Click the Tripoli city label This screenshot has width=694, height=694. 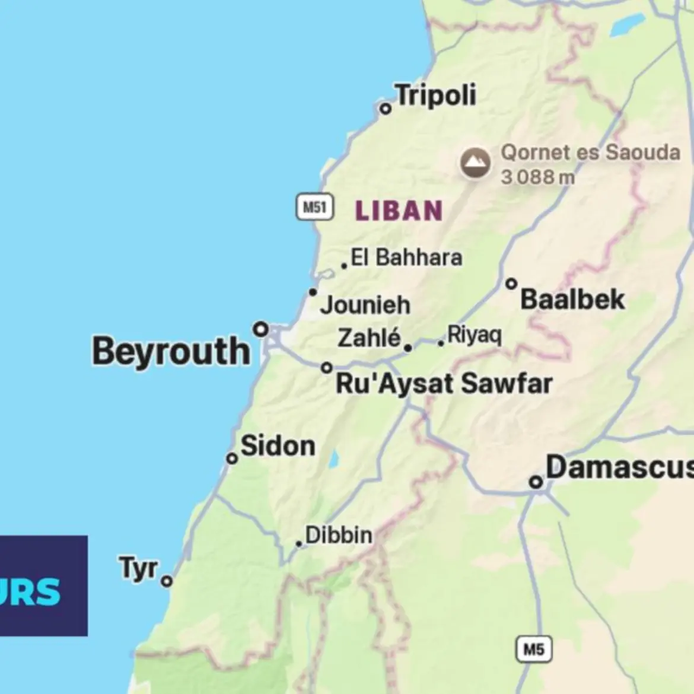(436, 95)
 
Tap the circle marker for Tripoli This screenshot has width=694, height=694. (386, 109)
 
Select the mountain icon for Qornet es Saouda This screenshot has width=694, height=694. (475, 163)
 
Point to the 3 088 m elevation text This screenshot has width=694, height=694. (537, 177)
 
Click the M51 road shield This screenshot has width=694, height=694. (314, 207)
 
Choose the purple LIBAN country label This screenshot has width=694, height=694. (399, 211)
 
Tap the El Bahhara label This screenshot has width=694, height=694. (406, 257)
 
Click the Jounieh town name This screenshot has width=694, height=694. (365, 305)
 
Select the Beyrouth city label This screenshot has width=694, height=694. (171, 351)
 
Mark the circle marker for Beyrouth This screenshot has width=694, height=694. (261, 329)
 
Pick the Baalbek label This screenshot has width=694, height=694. (572, 300)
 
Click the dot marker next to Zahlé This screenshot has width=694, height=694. (408, 348)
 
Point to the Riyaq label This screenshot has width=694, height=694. (475, 335)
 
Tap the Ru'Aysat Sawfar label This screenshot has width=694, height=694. (444, 384)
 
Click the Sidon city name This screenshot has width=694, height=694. (278, 446)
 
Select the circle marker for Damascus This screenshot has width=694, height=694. (536, 482)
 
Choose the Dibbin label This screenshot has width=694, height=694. (339, 535)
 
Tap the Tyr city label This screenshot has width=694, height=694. (139, 568)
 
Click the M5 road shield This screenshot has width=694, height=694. (533, 650)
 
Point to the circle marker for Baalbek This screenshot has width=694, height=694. (511, 284)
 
